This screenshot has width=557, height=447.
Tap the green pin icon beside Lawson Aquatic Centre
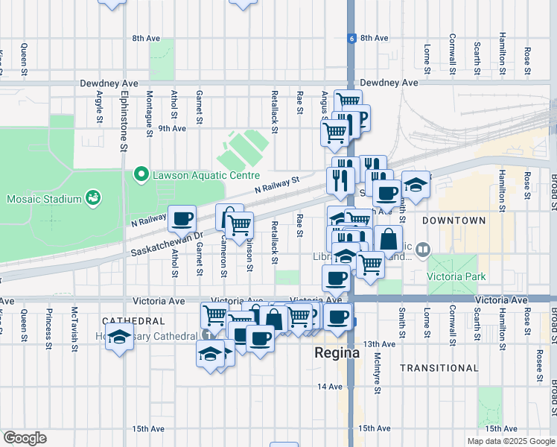139,175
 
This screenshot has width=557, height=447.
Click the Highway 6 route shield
350,37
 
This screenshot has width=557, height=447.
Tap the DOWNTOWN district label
453,221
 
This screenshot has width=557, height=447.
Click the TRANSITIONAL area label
439,368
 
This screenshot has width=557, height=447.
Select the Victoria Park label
456,276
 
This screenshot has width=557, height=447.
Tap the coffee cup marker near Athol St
182,219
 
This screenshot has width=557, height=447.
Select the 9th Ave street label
171,128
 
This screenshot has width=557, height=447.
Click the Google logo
25,438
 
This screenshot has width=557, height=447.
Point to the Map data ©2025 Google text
510,441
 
